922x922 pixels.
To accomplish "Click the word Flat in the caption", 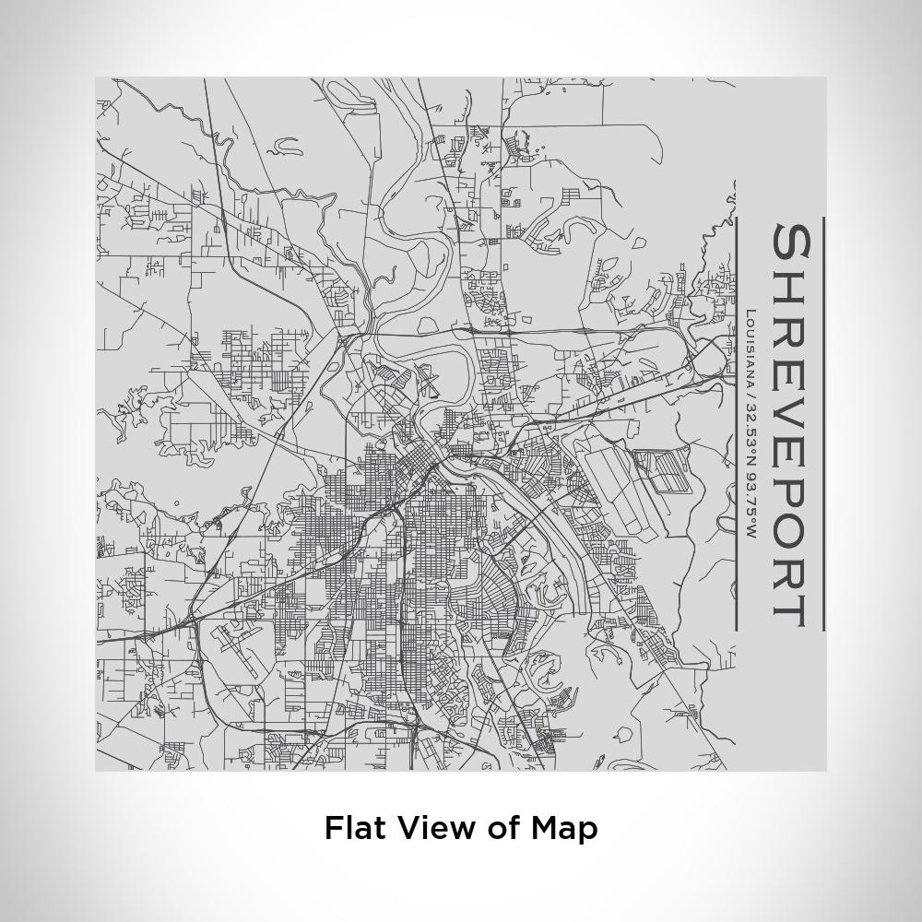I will coord(357,827).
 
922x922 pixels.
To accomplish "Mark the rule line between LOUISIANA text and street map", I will coord(736,424).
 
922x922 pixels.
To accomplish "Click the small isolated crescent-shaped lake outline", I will coord(287,144).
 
